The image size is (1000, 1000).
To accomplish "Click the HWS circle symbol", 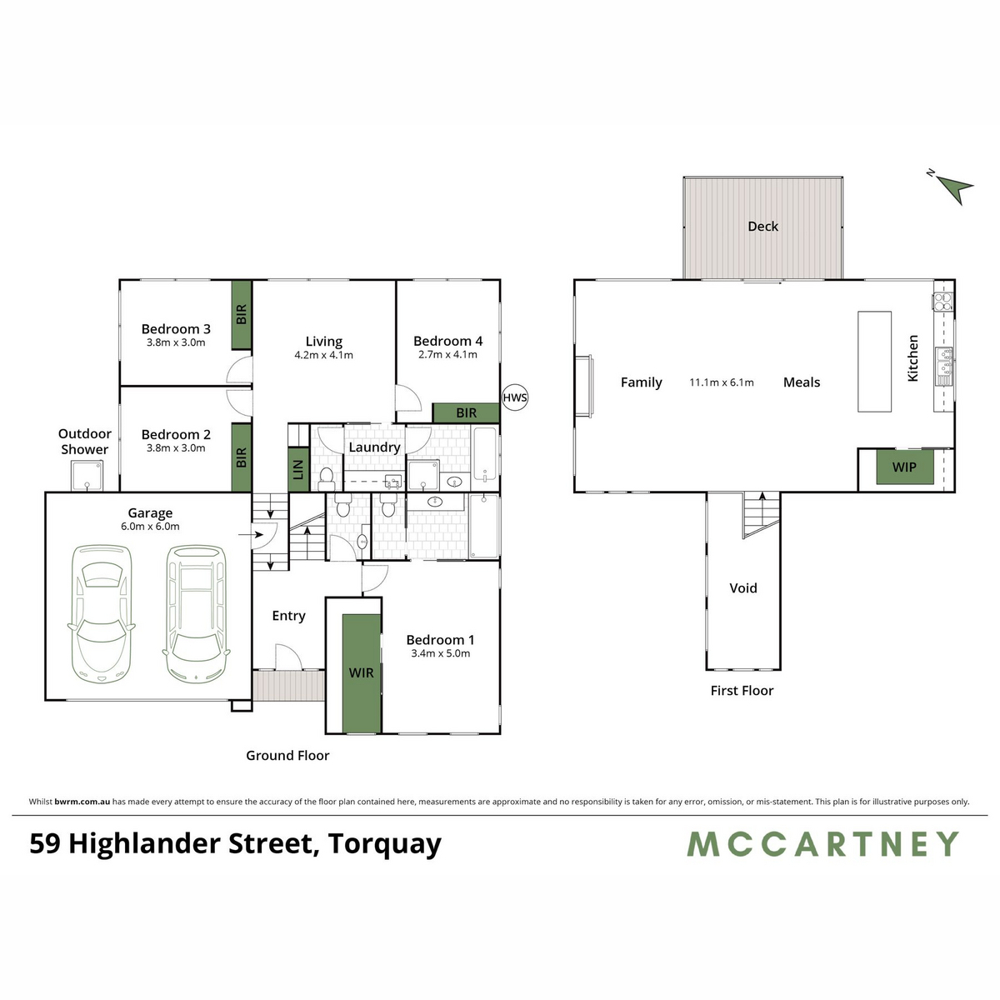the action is [515, 397].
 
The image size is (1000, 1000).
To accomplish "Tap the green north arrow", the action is [955, 187].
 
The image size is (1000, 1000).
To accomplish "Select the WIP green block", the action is [904, 467].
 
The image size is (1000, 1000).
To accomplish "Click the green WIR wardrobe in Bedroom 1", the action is [362, 673].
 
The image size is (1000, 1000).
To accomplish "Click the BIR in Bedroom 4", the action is [466, 413].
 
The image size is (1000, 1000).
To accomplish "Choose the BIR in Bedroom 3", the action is [242, 314].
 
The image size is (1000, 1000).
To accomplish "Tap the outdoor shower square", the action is [87, 476].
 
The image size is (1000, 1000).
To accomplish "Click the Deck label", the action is [762, 227].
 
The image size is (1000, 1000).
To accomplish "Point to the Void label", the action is [743, 588].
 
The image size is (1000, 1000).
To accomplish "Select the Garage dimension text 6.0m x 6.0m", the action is [150, 526].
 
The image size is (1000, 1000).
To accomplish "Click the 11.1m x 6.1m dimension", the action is [722, 382].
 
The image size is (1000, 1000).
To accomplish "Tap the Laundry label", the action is [374, 447].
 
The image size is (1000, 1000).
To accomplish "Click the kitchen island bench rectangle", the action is [874, 362].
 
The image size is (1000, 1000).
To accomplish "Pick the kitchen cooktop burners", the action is [942, 302].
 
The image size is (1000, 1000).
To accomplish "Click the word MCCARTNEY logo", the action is [823, 844].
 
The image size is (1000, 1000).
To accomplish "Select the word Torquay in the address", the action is [384, 845].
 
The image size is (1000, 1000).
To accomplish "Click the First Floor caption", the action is [742, 691].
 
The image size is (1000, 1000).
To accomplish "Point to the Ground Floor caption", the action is [287, 756].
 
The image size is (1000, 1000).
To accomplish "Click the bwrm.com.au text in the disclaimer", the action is [82, 802].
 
